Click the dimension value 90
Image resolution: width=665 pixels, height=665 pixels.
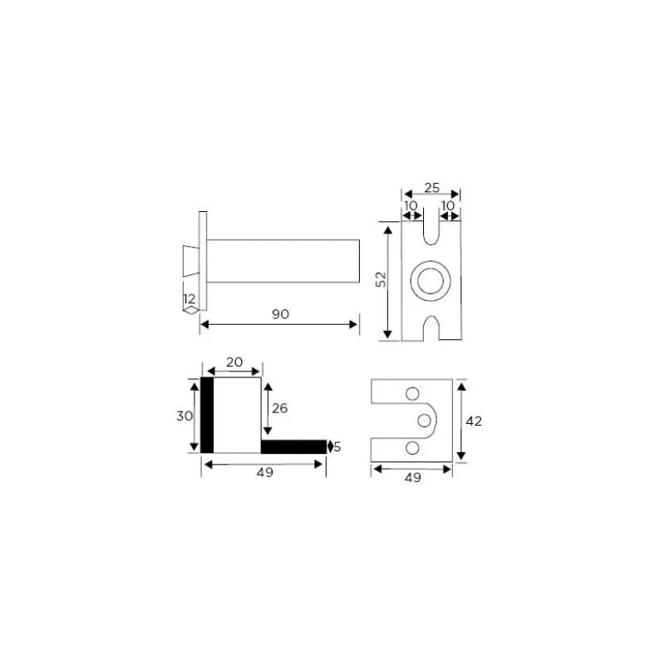tap(280, 314)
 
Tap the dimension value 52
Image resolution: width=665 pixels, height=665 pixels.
tap(382, 279)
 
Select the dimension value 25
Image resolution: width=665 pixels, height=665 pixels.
tap(431, 188)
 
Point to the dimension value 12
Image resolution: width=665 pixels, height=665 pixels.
tap(190, 298)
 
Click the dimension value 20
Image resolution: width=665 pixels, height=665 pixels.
tap(234, 362)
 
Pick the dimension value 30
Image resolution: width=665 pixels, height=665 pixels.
tap(185, 416)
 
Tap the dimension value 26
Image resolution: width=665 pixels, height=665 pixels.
tap(280, 408)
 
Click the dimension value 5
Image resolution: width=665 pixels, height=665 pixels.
tap(337, 446)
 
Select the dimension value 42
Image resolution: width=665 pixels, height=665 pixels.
tap(474, 421)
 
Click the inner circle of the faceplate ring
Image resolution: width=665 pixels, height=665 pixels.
tap(431, 281)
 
